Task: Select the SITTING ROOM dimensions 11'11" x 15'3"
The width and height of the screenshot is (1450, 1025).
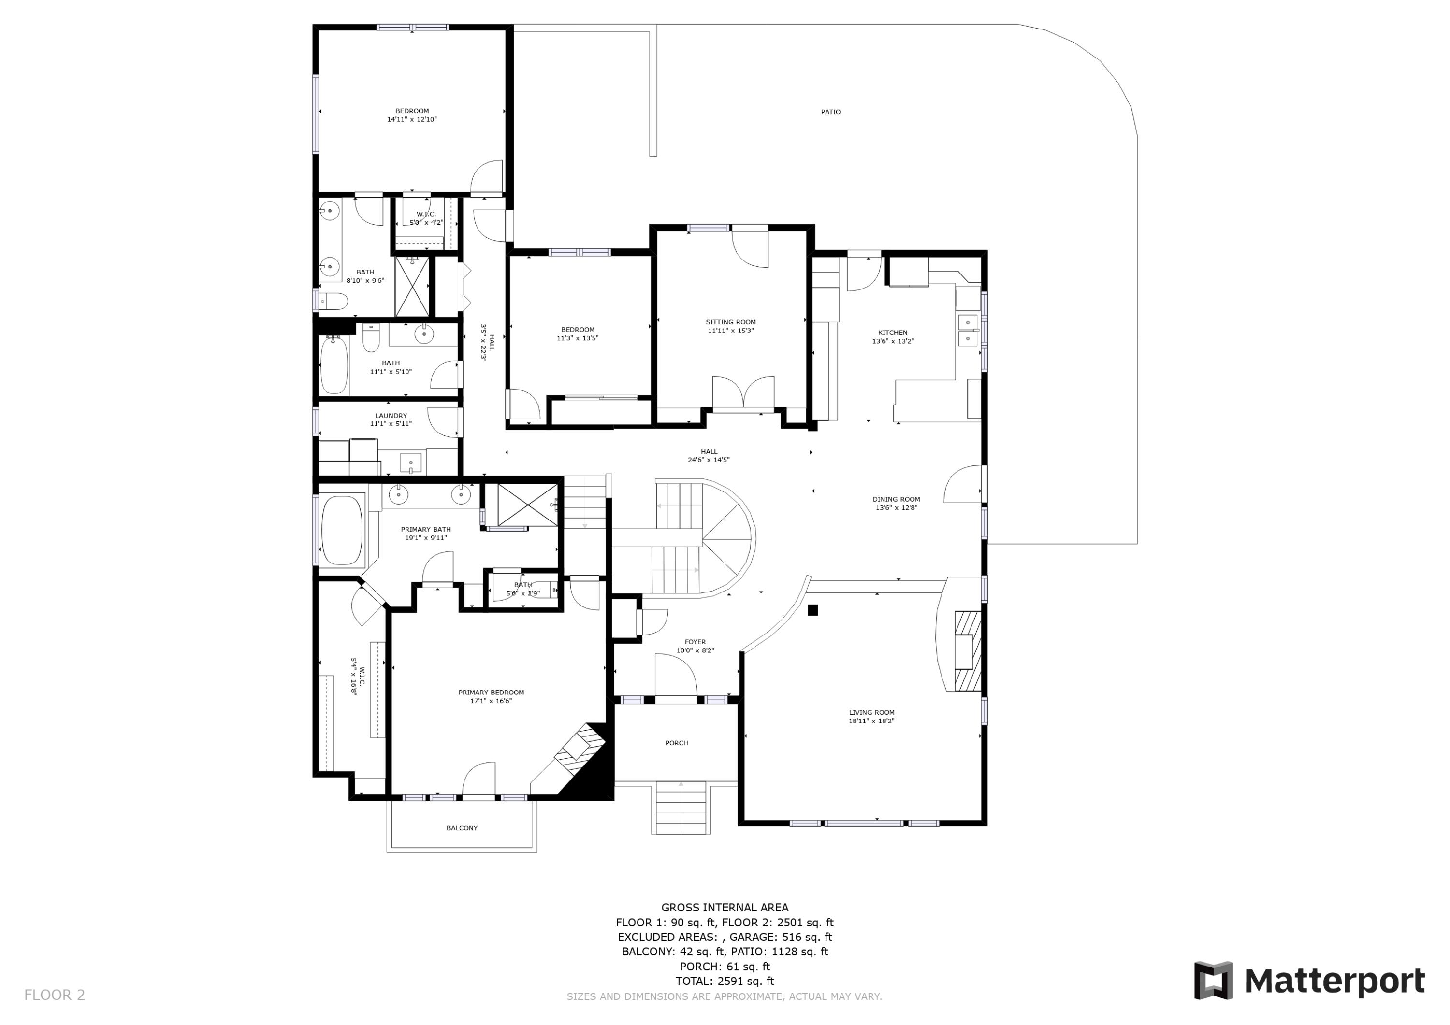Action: coord(731,330)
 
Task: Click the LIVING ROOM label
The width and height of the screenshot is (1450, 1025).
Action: coord(871,712)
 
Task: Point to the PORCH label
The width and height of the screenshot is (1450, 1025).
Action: coord(676,743)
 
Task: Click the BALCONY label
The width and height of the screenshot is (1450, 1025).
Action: coord(462,828)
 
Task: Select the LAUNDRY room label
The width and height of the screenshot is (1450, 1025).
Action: coord(391,416)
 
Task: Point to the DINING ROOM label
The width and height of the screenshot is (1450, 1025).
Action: coord(896,499)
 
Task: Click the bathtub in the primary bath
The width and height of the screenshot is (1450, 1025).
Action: coord(342,530)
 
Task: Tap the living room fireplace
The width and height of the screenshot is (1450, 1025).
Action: coord(966,650)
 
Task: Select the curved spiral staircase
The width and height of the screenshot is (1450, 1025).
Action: coord(726,537)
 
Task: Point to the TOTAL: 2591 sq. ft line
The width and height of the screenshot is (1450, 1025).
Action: coord(725,981)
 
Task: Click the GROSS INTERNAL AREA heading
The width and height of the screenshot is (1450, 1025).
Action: coord(725,908)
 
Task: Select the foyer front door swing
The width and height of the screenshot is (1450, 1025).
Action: coord(676,676)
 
